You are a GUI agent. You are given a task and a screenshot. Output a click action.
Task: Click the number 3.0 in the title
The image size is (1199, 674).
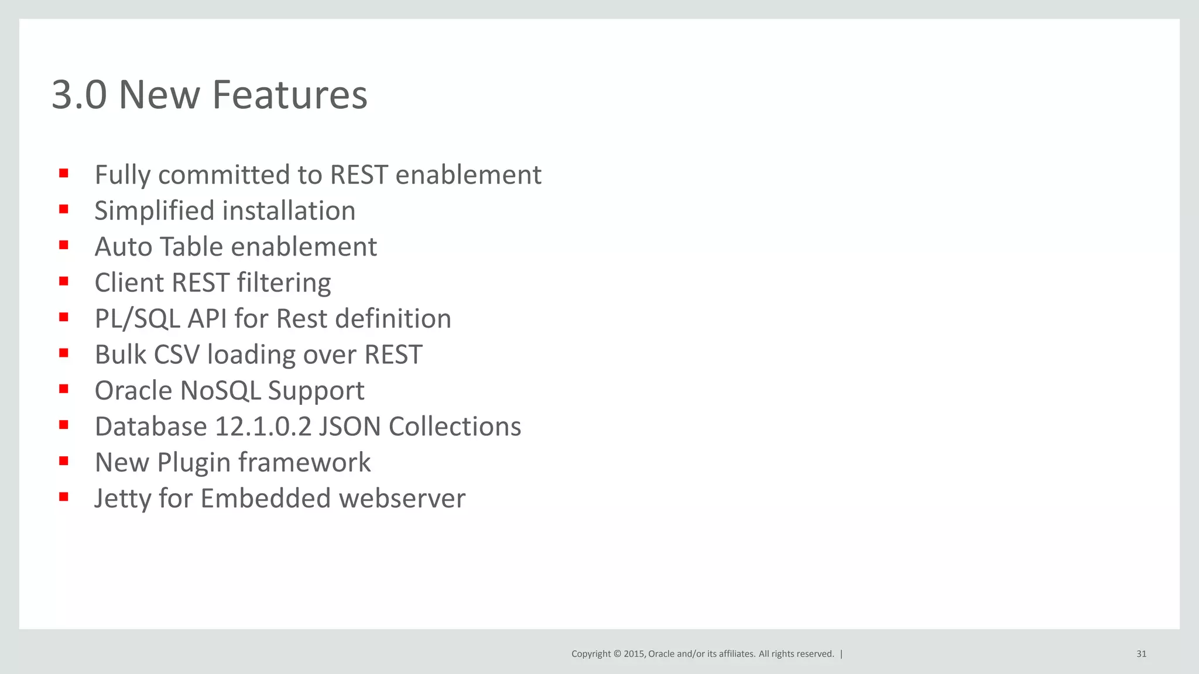pos(79,95)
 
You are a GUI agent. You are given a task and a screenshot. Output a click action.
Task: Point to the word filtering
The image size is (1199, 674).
pos(283,283)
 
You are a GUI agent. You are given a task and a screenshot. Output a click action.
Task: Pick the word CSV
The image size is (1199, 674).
pos(176,355)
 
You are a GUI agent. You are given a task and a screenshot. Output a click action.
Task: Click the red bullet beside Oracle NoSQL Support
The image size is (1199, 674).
pos(64,389)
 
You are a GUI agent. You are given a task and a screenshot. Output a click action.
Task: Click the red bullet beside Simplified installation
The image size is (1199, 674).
pos(64,209)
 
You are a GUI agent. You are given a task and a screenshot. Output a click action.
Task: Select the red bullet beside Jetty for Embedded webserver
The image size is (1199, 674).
pos(64,497)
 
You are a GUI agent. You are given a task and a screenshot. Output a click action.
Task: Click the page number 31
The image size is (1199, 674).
pos(1141,654)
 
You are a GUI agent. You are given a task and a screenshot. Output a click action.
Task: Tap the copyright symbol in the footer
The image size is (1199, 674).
pos(617,654)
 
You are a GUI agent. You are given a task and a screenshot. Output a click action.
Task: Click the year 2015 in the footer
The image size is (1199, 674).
pos(633,654)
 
